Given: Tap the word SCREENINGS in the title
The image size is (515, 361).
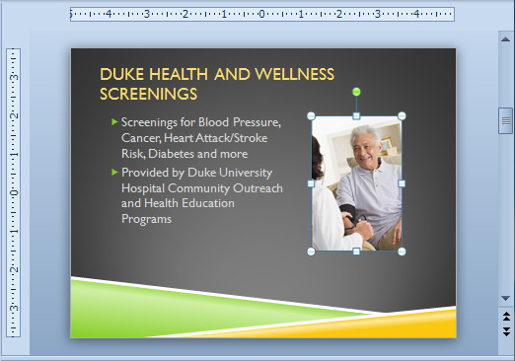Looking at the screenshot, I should [149, 95].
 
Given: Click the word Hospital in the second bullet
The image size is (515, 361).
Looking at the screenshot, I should [145, 188].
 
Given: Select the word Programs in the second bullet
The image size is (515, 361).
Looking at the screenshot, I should [146, 219].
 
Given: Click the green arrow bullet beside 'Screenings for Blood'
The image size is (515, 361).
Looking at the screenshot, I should [114, 122].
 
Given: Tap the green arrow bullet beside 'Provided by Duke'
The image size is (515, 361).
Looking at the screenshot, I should [114, 172].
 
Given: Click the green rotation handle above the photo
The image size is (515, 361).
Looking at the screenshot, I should [356, 92].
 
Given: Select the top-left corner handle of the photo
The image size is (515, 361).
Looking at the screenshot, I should [311, 115].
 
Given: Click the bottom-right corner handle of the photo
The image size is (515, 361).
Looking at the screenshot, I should [402, 252].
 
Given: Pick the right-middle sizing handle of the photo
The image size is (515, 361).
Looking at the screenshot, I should [402, 183].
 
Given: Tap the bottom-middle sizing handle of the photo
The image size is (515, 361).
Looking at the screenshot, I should [356, 252].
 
